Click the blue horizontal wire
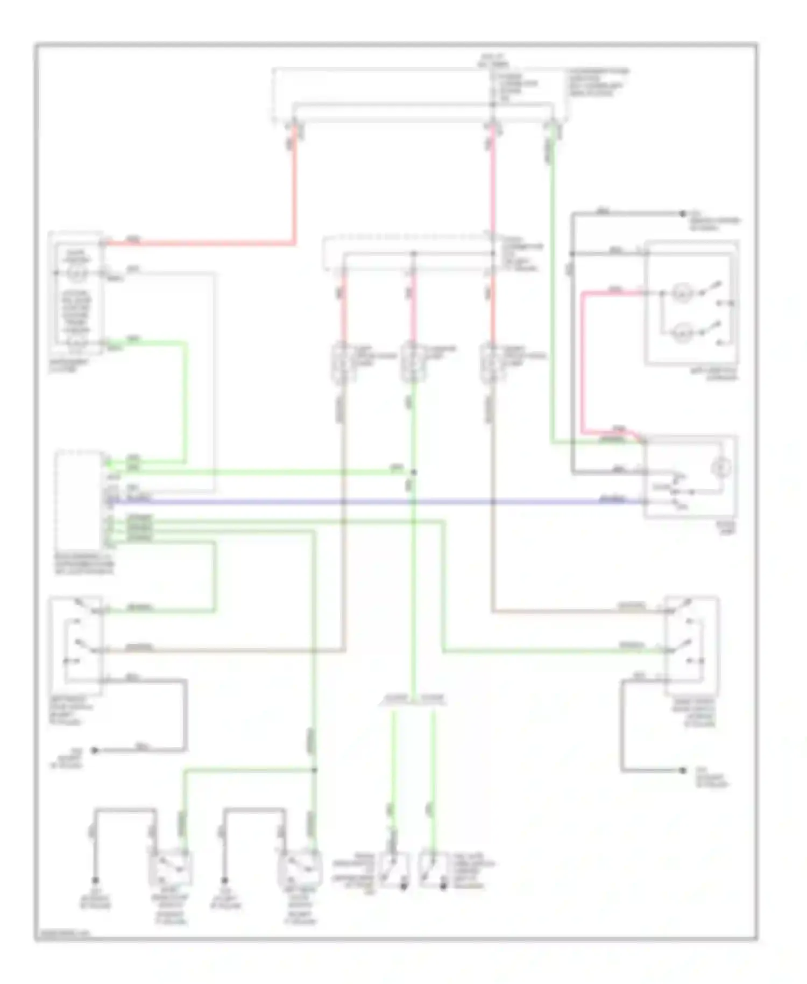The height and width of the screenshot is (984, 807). pos(377,502)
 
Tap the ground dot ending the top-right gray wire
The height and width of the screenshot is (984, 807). pos(682,213)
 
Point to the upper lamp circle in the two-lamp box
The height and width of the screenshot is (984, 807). pos(682,294)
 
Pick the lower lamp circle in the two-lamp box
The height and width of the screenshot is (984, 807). pos(682,333)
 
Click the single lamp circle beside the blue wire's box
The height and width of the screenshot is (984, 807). pos(721,467)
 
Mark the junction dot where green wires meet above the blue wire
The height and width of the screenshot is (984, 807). pos(414,472)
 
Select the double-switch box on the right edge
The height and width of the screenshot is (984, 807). pos(692,645)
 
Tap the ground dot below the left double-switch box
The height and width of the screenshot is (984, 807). pos(95,750)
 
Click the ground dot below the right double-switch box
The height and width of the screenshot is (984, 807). pos(683,770)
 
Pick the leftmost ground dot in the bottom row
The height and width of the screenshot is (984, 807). pos(95,880)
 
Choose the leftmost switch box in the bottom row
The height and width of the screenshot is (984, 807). pos(171,868)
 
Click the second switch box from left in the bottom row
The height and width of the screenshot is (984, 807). pos(300,868)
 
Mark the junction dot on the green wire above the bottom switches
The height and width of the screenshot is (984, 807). pos(315,770)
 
